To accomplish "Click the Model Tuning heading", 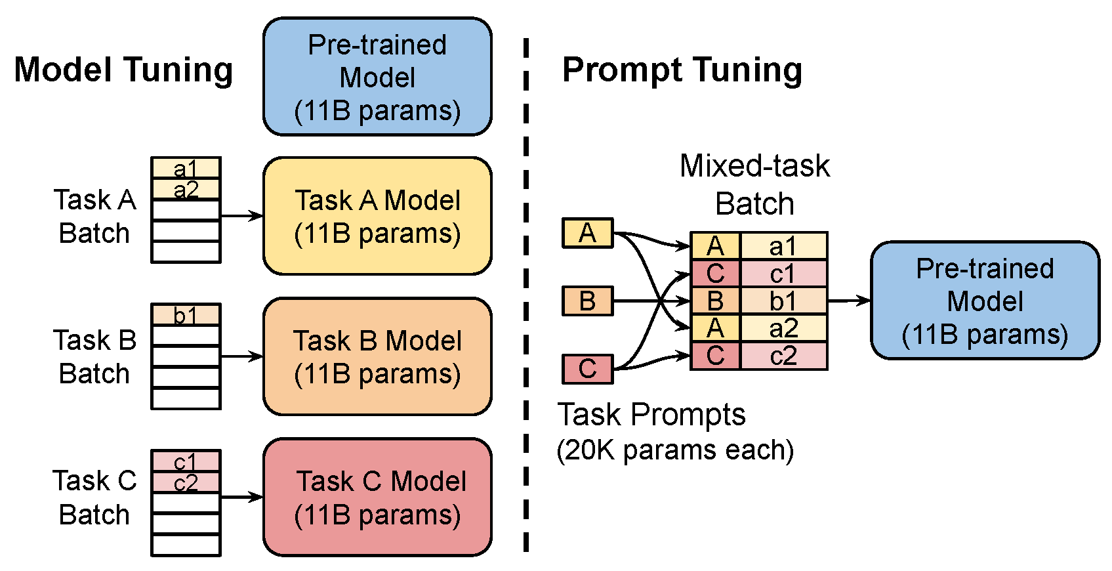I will coord(123,70).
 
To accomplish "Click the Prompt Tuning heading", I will coord(682,70).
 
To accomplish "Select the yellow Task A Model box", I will coord(377,216).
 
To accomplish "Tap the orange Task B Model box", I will coord(377,356).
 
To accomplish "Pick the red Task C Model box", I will coord(377,497).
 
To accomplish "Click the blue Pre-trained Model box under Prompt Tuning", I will coord(985,301).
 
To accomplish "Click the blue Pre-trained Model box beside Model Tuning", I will coord(377,77).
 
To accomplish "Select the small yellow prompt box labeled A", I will coord(587,233).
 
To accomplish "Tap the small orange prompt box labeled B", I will coord(587,301).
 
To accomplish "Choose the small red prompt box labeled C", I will coord(587,369).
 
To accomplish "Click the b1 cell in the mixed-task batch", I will coord(783,301).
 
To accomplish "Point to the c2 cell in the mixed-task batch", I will coord(783,356).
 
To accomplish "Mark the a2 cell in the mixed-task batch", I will coord(783,328).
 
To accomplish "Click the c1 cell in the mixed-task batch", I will coord(783,274).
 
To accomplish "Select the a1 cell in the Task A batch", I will coord(186,168).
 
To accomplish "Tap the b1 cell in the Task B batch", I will coord(186,315).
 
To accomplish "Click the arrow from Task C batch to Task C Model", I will coord(241,497).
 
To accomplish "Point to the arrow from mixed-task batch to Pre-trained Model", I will coord(849,301).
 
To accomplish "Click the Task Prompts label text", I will coord(651,415).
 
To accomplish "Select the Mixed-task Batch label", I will coord(754,184).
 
